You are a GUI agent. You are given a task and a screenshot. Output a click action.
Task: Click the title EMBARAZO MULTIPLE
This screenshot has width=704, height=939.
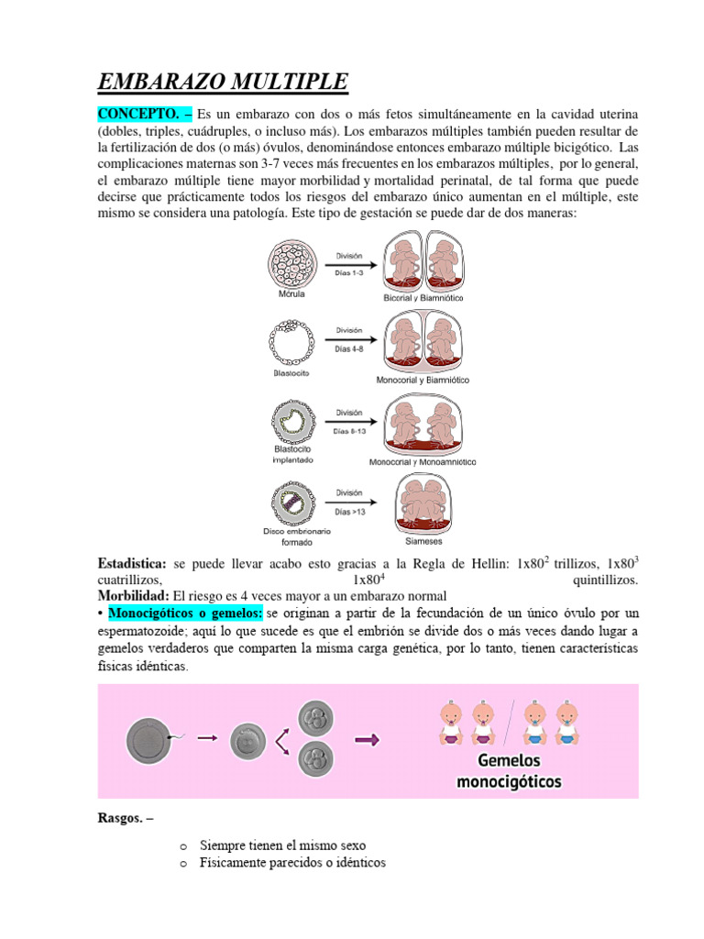[x=223, y=83]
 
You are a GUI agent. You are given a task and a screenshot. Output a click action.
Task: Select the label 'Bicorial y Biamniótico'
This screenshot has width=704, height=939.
[x=423, y=298]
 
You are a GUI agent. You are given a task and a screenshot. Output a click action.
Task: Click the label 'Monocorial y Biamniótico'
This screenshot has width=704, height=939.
[x=423, y=379]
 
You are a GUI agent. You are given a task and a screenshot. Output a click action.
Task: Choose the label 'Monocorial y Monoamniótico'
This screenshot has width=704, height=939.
[x=423, y=462]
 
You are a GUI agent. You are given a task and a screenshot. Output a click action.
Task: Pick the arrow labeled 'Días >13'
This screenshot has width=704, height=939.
[x=349, y=502]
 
